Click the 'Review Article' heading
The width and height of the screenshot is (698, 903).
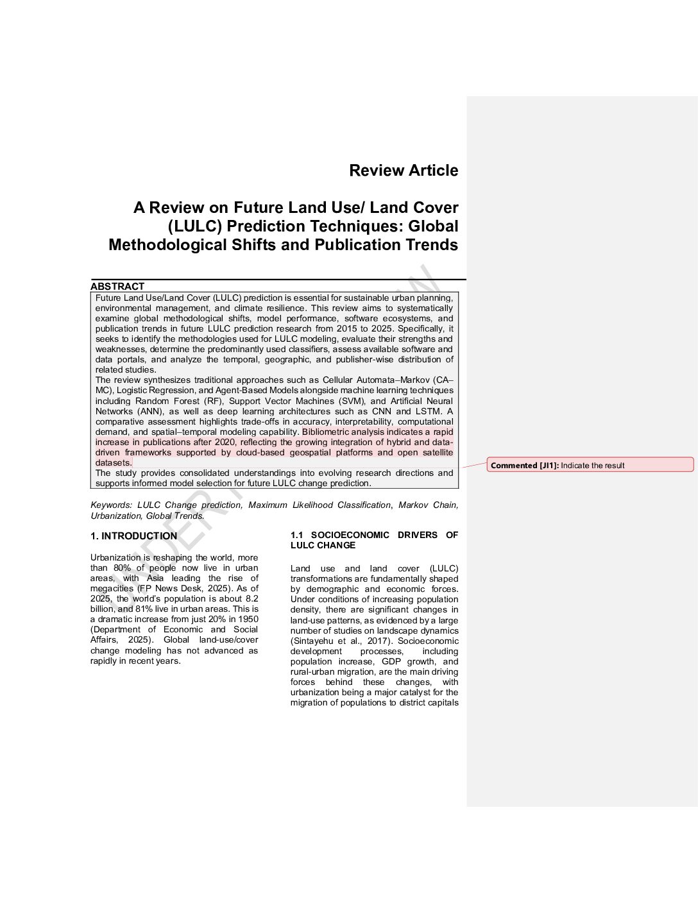[404, 171]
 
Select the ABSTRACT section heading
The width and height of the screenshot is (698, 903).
[117, 286]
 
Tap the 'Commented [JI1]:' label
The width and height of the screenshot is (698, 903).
[524, 466]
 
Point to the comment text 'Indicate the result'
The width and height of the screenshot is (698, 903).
[592, 466]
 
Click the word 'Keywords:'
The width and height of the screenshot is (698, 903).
[112, 505]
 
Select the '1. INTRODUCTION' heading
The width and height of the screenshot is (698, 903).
[133, 536]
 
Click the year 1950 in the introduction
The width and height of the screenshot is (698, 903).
[247, 620]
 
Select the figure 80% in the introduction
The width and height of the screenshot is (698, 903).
[122, 568]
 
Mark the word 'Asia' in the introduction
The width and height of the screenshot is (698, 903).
[155, 578]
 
